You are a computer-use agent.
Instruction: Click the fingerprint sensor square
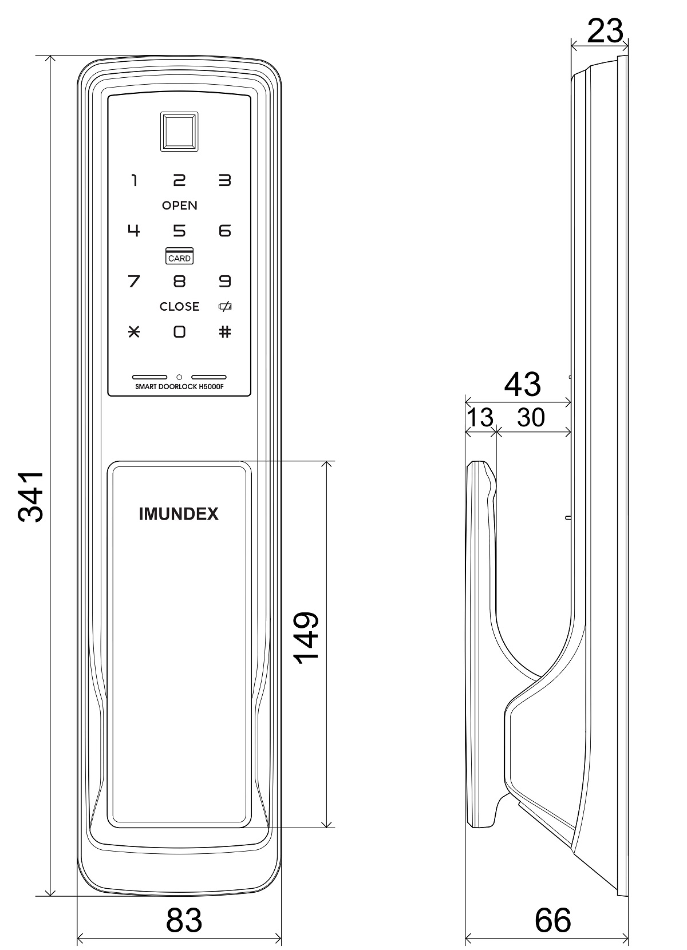[179, 132]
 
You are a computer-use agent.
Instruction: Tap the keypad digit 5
[179, 231]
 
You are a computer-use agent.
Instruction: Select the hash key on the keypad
[225, 332]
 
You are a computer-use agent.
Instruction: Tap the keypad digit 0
[180, 332]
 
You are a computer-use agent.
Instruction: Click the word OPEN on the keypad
[180, 205]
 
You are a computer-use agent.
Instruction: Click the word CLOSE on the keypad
[180, 307]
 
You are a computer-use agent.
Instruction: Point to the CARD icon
[180, 256]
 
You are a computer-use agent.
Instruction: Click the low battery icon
[225, 306]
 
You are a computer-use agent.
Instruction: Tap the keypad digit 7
[133, 281]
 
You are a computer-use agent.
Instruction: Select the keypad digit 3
[225, 180]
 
